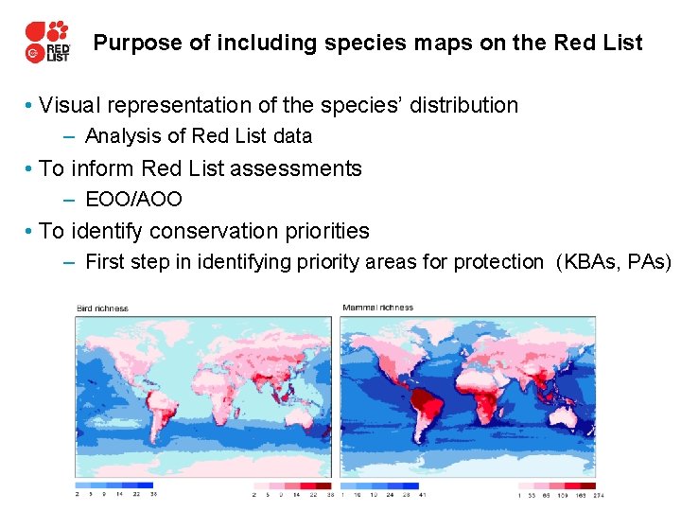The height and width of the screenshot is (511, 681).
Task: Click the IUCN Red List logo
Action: [47, 42]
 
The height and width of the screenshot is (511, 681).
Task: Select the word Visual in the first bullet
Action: [69, 105]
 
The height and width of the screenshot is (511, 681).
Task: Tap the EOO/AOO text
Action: [133, 200]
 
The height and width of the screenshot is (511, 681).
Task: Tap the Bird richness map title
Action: [102, 308]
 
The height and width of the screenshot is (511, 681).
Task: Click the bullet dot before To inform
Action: [31, 168]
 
